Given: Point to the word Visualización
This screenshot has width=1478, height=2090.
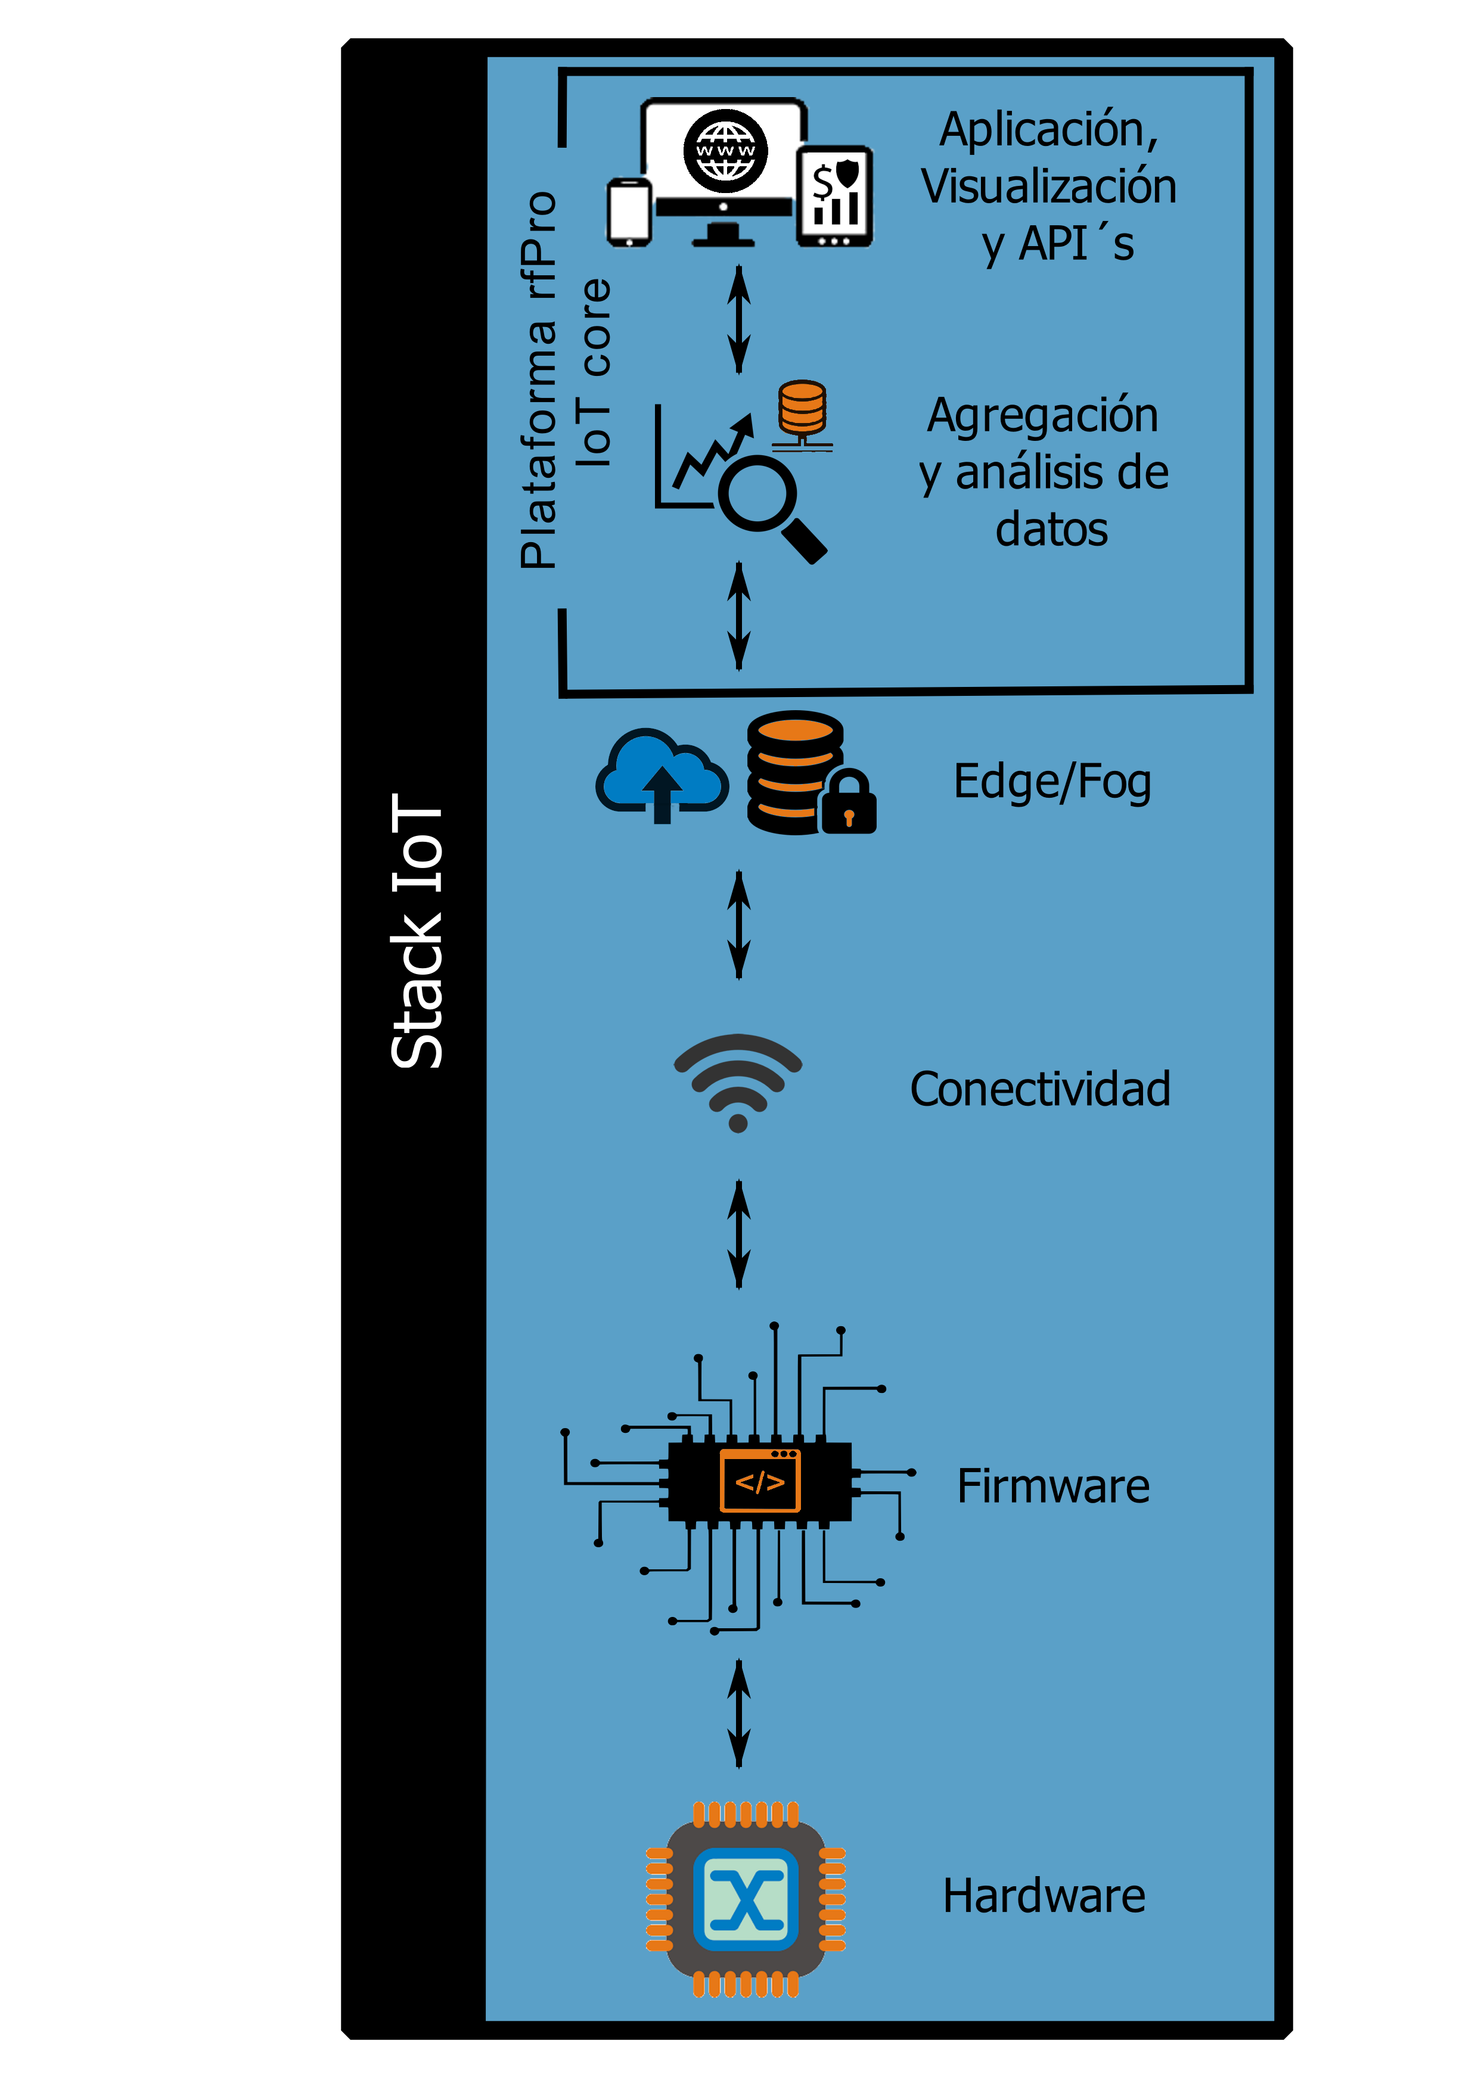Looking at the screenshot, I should tap(1048, 186).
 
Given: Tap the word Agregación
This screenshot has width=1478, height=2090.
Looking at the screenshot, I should tap(1043, 415).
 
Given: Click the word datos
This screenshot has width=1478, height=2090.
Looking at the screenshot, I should tap(1052, 530).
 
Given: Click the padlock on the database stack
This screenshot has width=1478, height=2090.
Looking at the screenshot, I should tap(849, 803).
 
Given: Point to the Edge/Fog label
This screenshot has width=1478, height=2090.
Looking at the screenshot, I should tap(1052, 782).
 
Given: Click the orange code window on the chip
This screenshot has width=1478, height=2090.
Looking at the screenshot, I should tap(759, 1482).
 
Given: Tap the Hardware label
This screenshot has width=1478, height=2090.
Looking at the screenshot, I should tap(1044, 1896).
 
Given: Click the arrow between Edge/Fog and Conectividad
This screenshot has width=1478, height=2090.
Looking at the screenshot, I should tap(738, 925).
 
